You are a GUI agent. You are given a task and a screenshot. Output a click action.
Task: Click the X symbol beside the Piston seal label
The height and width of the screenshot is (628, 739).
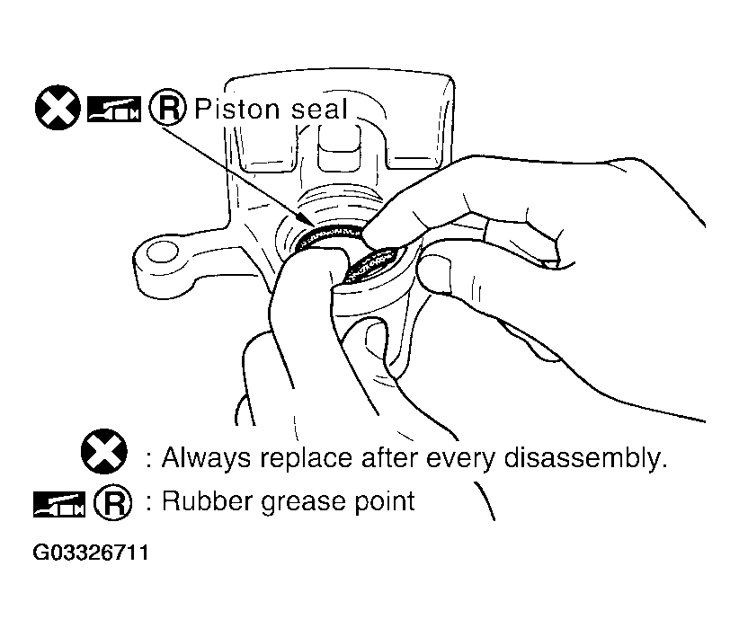click(x=58, y=108)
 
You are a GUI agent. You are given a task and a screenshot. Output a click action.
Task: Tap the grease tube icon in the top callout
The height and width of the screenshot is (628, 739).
click(x=114, y=110)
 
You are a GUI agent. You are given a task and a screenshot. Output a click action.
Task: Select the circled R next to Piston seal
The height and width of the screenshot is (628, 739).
click(x=168, y=108)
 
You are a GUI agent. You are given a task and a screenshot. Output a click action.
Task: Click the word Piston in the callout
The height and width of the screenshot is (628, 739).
click(x=237, y=110)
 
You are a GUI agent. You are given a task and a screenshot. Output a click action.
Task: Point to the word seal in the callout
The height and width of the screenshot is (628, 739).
click(x=319, y=110)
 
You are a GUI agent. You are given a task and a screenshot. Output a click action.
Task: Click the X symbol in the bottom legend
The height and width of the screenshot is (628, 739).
click(x=103, y=451)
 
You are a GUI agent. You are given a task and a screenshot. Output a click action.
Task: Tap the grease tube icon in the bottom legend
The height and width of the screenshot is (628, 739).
click(x=59, y=504)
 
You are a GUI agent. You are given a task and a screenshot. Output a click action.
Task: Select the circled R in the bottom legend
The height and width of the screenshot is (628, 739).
click(x=113, y=502)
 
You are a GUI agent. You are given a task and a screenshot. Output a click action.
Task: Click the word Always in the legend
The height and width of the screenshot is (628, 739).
click(x=206, y=458)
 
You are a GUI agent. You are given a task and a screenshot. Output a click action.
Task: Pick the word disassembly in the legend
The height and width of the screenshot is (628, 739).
click(x=585, y=457)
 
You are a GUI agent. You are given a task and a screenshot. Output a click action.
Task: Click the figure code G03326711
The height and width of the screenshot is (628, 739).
click(x=91, y=553)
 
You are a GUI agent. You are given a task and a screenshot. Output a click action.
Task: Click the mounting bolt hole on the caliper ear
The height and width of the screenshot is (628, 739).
click(x=163, y=252)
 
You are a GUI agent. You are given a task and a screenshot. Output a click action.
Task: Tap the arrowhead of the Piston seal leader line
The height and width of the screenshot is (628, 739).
click(x=311, y=223)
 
